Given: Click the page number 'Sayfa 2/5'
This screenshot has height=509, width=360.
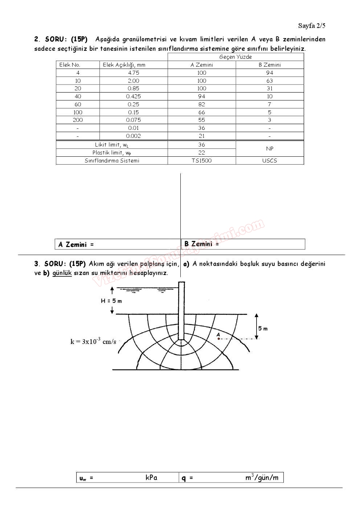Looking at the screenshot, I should [x=311, y=25].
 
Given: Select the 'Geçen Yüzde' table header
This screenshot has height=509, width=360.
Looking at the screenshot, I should [x=235, y=57].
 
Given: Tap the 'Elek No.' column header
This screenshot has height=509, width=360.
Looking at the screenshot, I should [x=70, y=65].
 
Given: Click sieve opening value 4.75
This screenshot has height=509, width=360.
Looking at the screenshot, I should [x=134, y=73].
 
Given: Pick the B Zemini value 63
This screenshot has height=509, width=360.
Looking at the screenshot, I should [x=269, y=81].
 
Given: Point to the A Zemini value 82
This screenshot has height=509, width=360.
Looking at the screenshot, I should [x=202, y=104].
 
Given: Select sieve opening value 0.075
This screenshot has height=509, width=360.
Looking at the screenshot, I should [x=134, y=120].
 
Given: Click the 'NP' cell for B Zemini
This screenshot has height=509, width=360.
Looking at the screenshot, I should [x=269, y=149].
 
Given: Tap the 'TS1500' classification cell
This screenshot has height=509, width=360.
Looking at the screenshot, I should [x=202, y=161].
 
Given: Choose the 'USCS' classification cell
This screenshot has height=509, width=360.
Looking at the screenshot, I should [x=269, y=161].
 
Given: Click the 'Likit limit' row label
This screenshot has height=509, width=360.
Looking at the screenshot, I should [x=112, y=145].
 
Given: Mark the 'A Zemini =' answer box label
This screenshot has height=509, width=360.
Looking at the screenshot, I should [x=76, y=245].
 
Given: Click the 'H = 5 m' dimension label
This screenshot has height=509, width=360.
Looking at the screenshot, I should [x=111, y=301].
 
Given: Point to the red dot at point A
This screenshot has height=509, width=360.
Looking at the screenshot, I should [x=218, y=338].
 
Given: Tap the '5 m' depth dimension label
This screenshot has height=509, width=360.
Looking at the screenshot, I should [x=263, y=329].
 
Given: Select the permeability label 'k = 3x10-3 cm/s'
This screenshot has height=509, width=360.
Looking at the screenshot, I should [x=93, y=341].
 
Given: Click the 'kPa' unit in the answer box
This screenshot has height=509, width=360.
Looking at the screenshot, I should [x=151, y=477].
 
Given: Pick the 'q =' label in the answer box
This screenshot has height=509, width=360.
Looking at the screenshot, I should [x=187, y=478].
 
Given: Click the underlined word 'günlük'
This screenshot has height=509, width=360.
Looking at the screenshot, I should [x=62, y=273].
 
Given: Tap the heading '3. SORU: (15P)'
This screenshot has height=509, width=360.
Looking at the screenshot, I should [x=60, y=264].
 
